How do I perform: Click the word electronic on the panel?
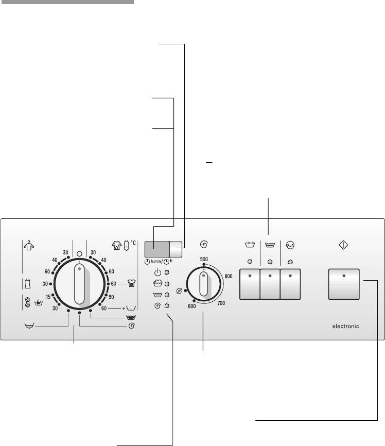click(x=345, y=326)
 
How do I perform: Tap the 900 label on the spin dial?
click(x=204, y=259)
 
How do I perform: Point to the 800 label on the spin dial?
click(x=229, y=276)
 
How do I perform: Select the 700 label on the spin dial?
click(x=221, y=303)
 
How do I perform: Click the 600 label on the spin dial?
click(x=192, y=306)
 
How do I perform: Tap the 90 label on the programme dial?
click(x=111, y=297)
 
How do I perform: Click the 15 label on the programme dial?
click(x=48, y=297)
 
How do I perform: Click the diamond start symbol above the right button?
click(x=343, y=245)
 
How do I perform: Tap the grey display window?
click(x=157, y=249)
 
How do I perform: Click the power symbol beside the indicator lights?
click(x=157, y=272)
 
